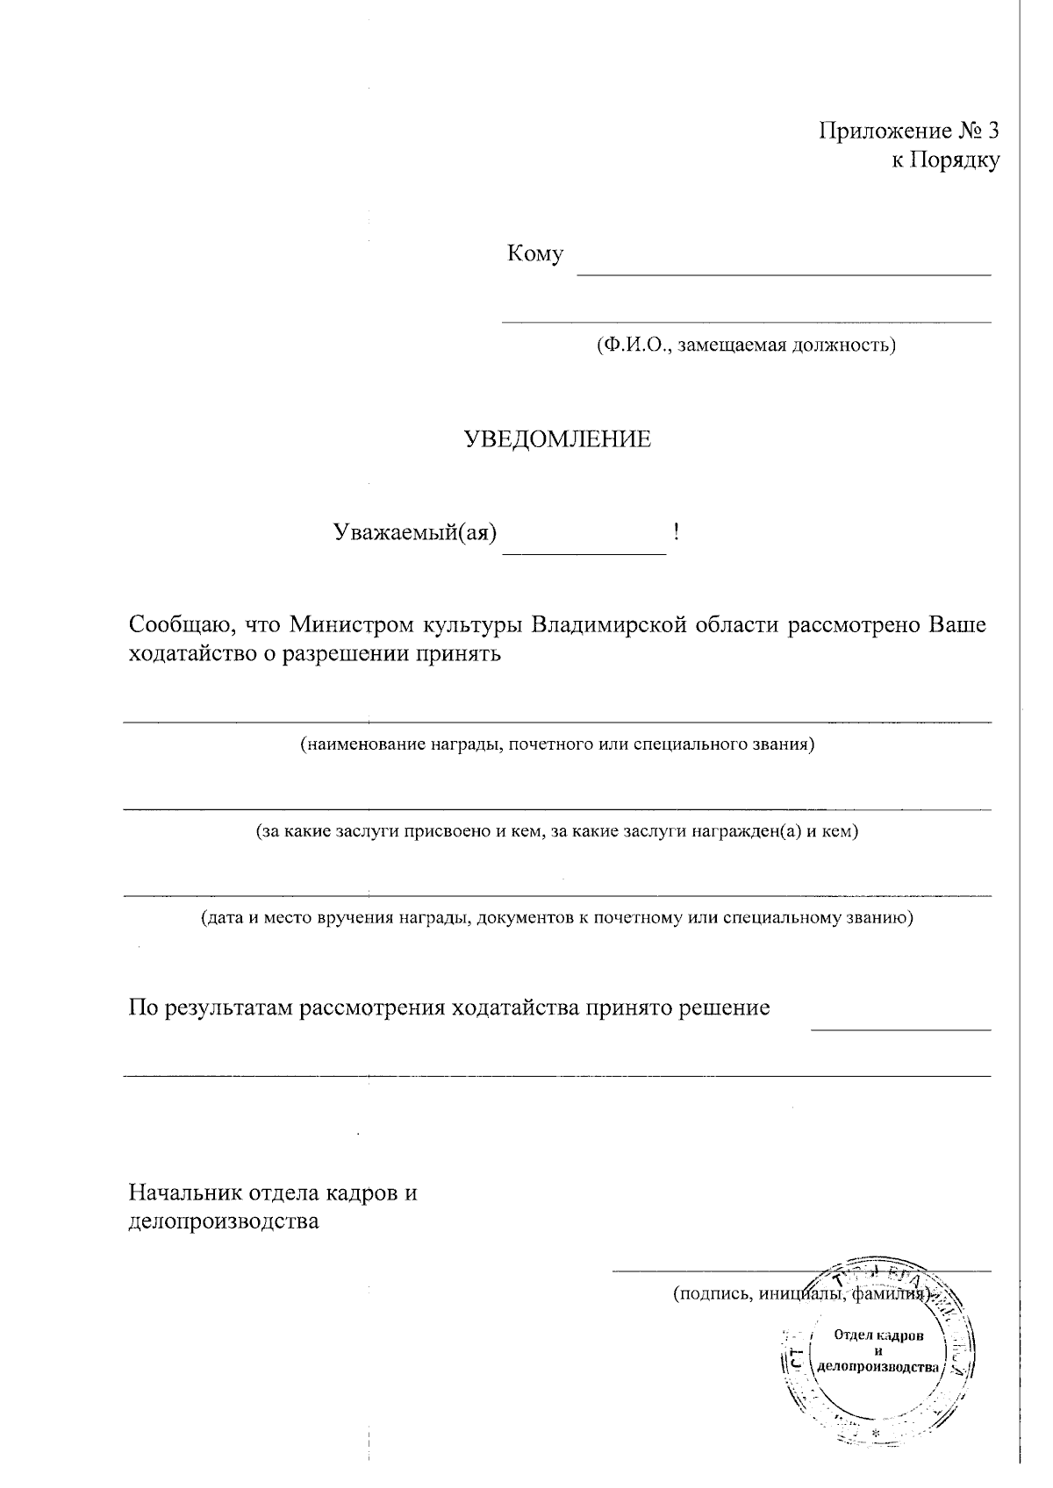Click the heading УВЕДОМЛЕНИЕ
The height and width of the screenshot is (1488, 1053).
coord(557,439)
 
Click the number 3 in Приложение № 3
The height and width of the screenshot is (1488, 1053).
coord(992,132)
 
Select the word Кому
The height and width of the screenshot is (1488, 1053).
coord(534,254)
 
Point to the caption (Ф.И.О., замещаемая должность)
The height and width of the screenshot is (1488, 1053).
coord(745,345)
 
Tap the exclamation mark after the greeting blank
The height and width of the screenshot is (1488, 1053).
coord(677,530)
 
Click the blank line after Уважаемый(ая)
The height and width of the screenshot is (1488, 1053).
coord(584,552)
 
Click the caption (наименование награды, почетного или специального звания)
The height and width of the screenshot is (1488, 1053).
coord(557,745)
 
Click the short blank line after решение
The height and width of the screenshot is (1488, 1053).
coord(900,1028)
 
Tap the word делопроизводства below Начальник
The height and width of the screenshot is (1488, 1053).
coord(224,1221)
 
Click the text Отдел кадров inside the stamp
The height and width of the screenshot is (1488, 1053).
coord(878,1335)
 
